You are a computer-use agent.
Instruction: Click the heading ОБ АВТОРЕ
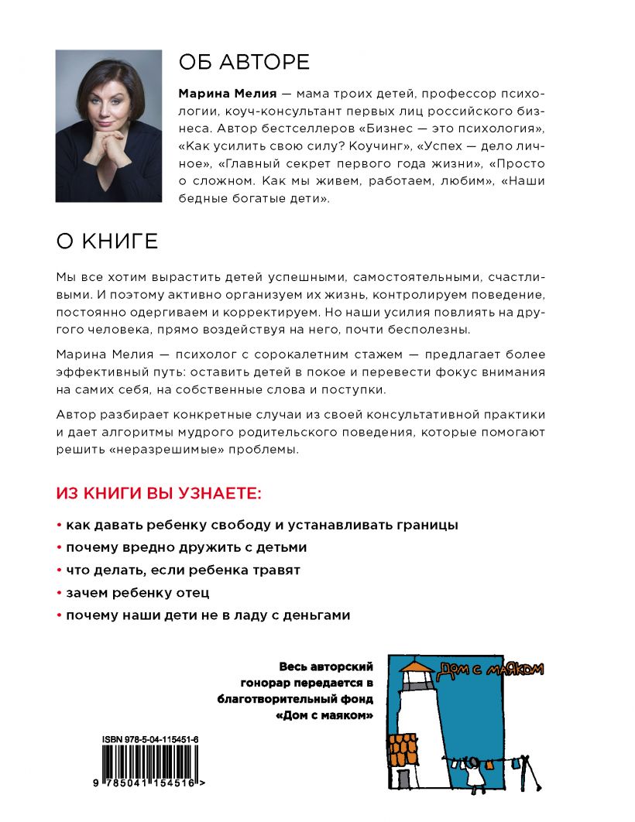(x=244, y=62)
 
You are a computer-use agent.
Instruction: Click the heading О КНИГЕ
(x=107, y=241)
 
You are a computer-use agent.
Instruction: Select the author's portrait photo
(x=108, y=126)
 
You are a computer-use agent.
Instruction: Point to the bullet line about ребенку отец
(x=137, y=593)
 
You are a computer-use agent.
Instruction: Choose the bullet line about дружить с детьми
(x=186, y=547)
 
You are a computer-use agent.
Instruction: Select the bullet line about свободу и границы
(x=262, y=524)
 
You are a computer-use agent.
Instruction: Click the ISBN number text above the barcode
(x=150, y=740)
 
